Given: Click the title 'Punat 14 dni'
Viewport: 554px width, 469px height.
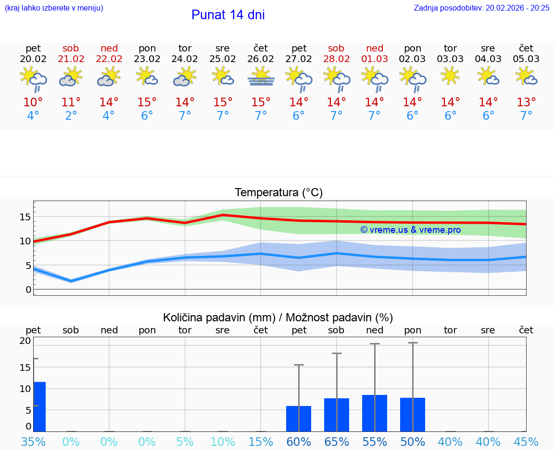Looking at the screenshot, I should point(228,15).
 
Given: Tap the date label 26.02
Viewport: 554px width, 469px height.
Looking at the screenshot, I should point(261,59).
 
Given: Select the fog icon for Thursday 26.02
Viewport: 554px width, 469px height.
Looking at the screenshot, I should point(261,76).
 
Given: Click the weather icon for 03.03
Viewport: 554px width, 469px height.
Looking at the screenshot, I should point(450,76).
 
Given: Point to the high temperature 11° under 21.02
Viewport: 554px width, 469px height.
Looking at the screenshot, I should point(71,102).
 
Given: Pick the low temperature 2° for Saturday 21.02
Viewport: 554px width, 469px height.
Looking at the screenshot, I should point(71,116).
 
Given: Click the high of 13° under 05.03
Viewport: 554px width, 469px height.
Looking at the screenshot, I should point(526,102).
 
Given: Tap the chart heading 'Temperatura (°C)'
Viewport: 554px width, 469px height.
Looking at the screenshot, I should point(278,193).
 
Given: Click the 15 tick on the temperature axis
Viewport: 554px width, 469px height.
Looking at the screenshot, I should point(25,217).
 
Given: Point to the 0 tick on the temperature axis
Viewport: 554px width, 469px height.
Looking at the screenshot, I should point(28,290).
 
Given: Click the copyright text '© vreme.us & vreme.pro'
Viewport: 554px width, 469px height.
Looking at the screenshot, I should point(411,230).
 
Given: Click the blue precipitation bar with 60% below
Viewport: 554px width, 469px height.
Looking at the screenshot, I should point(299,418).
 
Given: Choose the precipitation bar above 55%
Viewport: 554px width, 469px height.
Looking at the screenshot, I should point(375,413).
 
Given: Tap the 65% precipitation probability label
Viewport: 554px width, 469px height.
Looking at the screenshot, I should point(337,442).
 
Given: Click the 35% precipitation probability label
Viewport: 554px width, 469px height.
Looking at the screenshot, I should point(33,442).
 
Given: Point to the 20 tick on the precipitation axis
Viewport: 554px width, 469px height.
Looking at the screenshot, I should point(25,341).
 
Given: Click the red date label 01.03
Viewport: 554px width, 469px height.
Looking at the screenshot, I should point(375,59).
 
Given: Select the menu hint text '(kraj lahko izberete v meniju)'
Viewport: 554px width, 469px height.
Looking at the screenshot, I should point(54,8).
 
